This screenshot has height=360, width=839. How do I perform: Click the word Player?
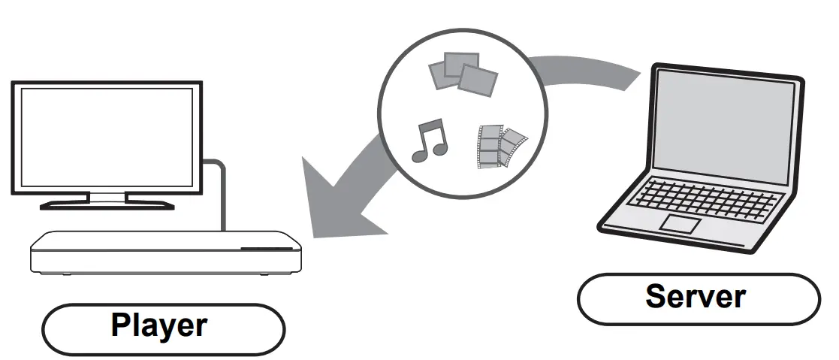tap(159, 325)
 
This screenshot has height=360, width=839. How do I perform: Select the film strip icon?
tap(499, 146)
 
